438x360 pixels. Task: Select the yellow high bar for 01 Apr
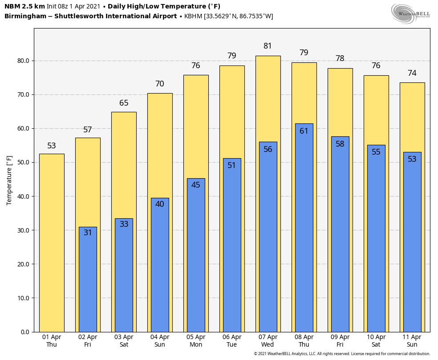pos(52,243)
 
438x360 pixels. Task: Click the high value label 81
pos(268,46)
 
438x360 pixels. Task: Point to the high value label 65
pos(124,103)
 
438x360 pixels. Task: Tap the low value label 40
pos(160,204)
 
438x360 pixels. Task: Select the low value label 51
pos(232,165)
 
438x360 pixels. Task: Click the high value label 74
pos(412,73)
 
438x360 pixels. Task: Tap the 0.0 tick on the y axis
pos(25,332)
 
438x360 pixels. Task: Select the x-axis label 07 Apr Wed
pos(268,341)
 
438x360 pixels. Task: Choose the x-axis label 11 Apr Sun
pos(412,341)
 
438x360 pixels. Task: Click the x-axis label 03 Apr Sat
pos(124,341)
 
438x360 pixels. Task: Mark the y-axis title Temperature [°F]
pos(9,180)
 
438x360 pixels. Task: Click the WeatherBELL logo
pos(410,13)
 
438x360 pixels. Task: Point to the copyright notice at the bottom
pos(342,354)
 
